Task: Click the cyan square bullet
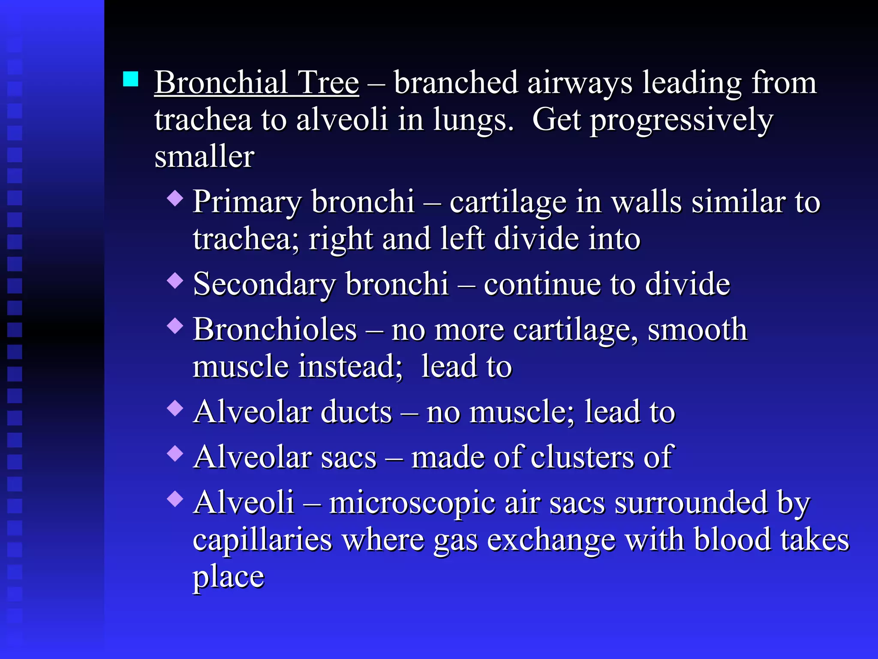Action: click(130, 79)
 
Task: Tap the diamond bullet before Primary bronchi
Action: click(175, 198)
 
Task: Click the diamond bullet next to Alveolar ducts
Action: click(175, 408)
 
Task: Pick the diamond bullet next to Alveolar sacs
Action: click(175, 453)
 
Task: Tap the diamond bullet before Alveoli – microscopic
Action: click(175, 499)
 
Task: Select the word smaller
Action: click(204, 157)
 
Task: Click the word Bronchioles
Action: click(274, 329)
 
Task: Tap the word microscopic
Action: click(412, 503)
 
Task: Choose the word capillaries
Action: click(262, 540)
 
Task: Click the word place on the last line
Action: click(228, 578)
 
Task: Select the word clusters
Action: click(583, 457)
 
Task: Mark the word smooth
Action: click(698, 329)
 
